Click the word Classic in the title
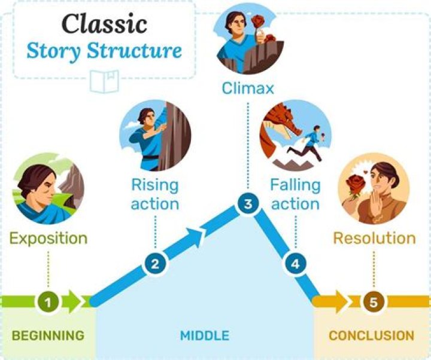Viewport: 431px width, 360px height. point(104,23)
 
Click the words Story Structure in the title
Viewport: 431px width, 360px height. point(104,51)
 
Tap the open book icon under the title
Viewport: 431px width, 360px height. point(104,81)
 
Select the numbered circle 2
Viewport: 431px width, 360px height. point(154,264)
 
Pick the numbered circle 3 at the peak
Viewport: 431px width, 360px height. point(247,204)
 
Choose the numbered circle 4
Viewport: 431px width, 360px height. point(294,263)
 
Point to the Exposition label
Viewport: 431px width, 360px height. point(48,239)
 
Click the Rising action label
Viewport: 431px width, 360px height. point(154,194)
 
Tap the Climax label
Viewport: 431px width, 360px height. point(247,89)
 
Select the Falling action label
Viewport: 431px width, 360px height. point(294,194)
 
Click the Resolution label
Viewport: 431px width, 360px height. point(374,238)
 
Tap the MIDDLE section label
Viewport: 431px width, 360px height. point(205,335)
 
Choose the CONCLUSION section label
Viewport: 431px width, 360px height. point(371,335)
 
